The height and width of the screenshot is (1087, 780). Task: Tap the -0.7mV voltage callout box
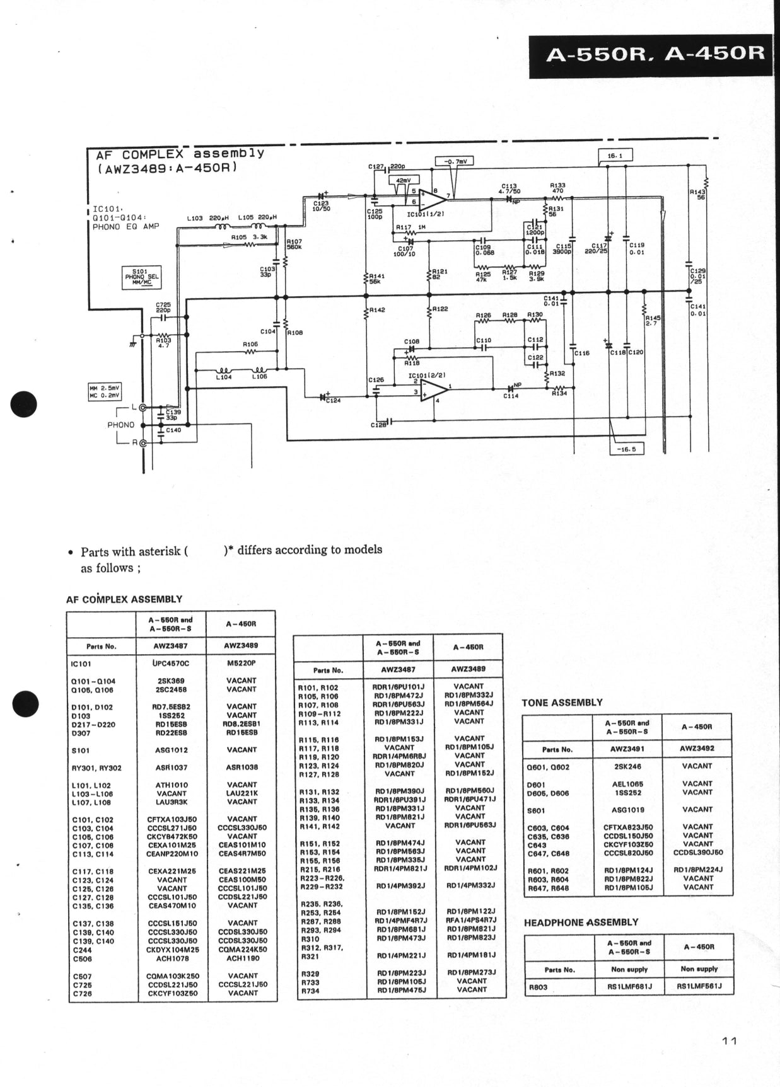(x=454, y=161)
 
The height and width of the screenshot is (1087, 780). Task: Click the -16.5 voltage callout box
(x=627, y=449)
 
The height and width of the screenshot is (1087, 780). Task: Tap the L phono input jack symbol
(x=143, y=408)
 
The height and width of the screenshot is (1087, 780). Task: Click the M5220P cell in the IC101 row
(x=241, y=663)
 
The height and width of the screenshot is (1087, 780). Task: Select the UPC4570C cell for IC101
(x=170, y=663)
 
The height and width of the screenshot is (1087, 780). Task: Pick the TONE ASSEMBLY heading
(x=562, y=702)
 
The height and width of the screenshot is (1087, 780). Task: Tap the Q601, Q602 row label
(x=548, y=767)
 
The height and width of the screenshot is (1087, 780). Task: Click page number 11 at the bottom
(x=729, y=1040)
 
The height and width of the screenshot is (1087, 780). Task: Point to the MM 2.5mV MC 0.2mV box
(x=105, y=391)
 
